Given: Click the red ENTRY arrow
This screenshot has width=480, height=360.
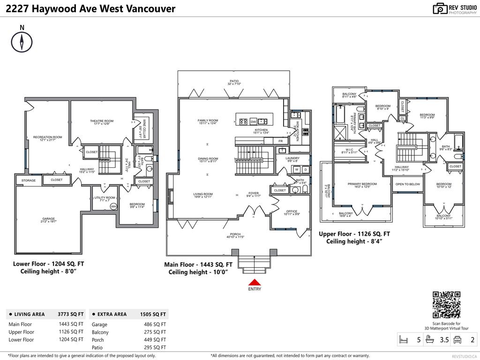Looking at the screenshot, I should pos(254,282).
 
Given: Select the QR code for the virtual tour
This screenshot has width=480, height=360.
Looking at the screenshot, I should pos(446,305).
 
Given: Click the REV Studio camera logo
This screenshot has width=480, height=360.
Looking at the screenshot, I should pos(440,8).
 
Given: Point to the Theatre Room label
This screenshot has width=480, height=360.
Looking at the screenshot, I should pos(102,121).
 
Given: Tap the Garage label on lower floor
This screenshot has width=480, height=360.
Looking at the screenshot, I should pos(49,218).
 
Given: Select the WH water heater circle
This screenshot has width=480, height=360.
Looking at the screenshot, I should pos(113,207).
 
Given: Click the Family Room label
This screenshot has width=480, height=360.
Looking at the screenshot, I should pos(208,120).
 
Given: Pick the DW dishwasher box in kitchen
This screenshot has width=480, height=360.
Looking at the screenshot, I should pos(253,121).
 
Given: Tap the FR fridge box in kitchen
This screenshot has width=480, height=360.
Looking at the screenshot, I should pos(280,141).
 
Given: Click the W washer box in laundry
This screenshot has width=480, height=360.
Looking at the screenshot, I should pos(297,169).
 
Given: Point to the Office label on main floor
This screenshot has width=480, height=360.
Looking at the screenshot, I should pos(292,211).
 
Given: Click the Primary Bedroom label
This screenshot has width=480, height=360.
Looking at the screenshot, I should pos(362,184).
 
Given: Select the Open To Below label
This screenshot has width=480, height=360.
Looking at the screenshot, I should pos(407,184).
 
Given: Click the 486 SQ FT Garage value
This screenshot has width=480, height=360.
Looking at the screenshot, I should pos(155,324).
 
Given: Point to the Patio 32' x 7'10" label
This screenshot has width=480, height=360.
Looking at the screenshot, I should pos(234,82).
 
